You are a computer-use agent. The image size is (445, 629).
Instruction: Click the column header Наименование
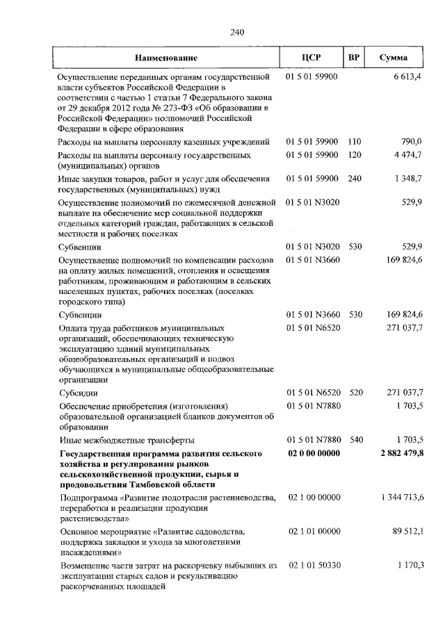[166, 58]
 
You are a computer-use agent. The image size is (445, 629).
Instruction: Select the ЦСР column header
[311, 58]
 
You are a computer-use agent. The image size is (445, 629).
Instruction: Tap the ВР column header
[353, 58]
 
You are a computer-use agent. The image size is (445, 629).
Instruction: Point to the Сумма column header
[394, 58]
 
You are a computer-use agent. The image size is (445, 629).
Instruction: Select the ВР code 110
[355, 142]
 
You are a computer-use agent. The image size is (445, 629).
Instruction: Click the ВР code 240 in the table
[355, 179]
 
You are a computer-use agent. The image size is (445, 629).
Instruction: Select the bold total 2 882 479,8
[401, 453]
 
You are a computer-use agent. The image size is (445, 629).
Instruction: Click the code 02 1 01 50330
[314, 566]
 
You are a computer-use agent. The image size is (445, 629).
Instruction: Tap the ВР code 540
[355, 439]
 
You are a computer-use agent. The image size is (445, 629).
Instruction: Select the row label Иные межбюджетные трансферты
[126, 439]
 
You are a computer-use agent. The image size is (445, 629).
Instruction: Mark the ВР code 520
[355, 393]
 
